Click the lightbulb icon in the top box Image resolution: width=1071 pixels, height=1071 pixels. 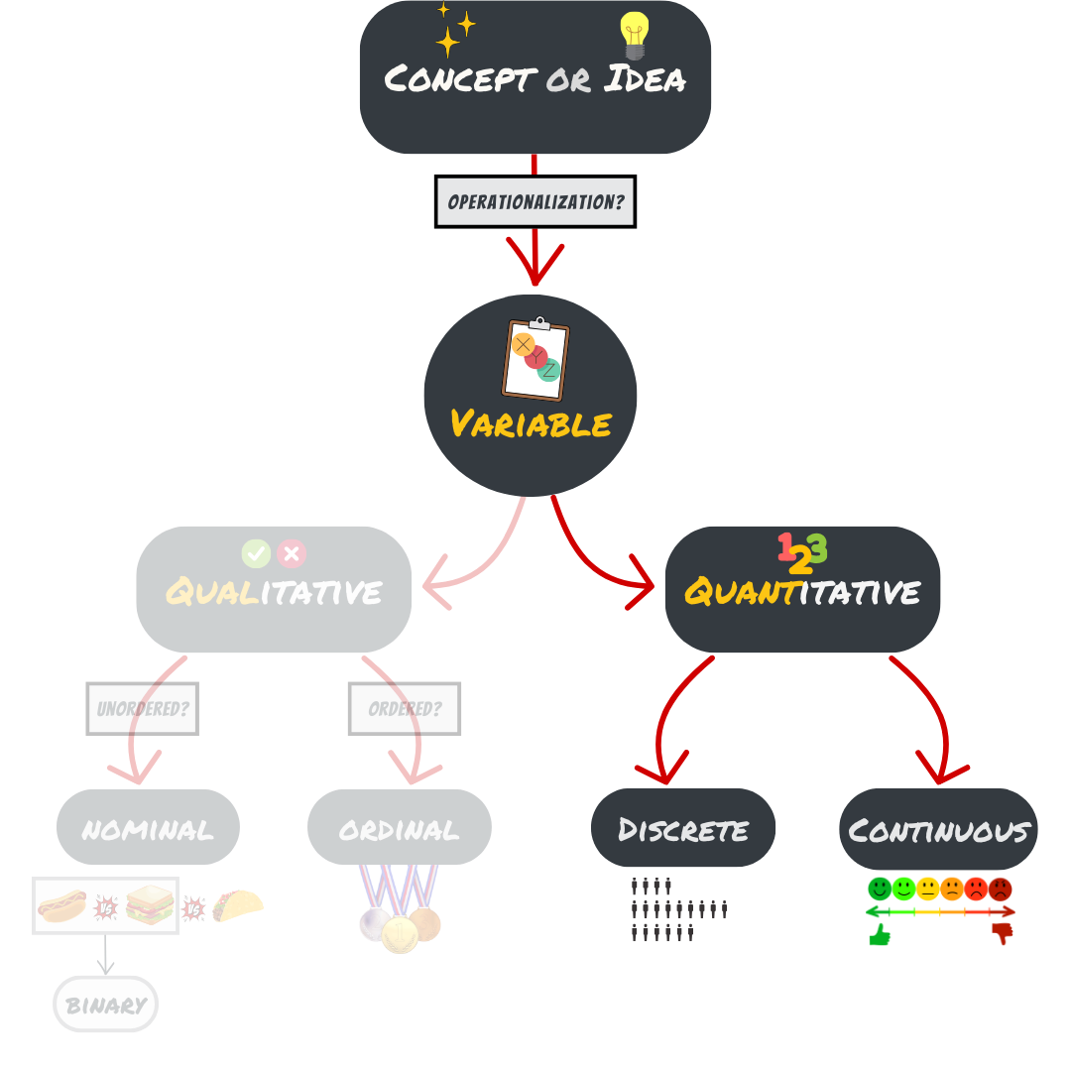(x=634, y=36)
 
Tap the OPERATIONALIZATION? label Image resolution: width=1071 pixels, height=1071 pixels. (x=535, y=201)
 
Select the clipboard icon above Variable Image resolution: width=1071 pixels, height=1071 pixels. (x=535, y=359)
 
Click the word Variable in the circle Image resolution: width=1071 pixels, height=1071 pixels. (x=531, y=424)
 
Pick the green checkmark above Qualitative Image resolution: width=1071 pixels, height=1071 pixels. (x=256, y=553)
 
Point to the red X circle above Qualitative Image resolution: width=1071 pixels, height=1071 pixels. (x=292, y=553)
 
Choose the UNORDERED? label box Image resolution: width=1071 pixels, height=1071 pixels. (x=143, y=709)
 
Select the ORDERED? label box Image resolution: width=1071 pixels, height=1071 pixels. (x=404, y=709)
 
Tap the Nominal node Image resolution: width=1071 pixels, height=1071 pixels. (x=148, y=828)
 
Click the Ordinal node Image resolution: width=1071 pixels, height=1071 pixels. (x=399, y=828)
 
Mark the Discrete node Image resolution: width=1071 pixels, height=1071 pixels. (x=683, y=828)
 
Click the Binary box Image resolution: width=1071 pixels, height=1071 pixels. (x=105, y=1005)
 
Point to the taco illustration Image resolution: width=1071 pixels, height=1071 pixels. (x=238, y=904)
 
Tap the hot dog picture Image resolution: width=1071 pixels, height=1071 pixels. (x=61, y=904)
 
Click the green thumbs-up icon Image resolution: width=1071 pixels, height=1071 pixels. (x=880, y=934)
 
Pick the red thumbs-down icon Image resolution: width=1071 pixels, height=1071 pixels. (x=1002, y=932)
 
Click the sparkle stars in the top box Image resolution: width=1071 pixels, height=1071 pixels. (x=454, y=31)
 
